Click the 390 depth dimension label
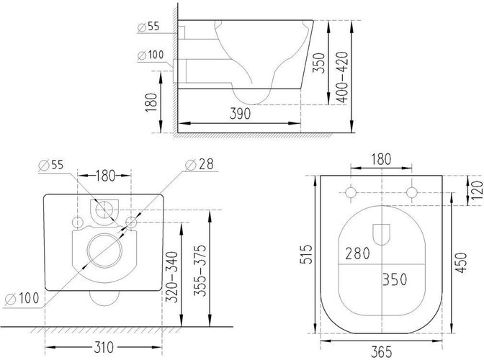coord(240,114)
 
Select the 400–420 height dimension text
coord(342,77)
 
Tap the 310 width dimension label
coord(104,348)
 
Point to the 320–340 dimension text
coord(172,277)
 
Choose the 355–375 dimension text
coord(200,271)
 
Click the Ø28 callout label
coord(200,164)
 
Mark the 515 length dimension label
coord(307,254)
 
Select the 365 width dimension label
coord(381,352)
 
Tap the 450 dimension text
coord(461,263)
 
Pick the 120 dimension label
coord(478,190)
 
